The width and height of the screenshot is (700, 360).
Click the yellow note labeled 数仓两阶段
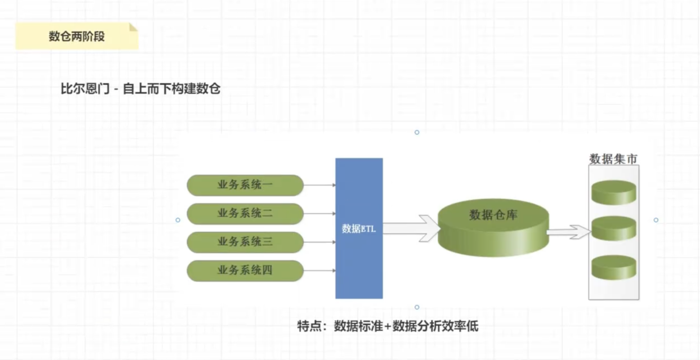77,36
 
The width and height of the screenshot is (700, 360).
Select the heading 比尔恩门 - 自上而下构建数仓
140,89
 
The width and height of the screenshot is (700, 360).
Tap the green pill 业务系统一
245,185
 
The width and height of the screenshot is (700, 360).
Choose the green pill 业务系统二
245,214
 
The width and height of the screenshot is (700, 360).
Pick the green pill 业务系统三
245,242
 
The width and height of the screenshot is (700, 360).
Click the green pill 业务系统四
245,271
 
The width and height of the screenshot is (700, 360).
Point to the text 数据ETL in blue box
359,229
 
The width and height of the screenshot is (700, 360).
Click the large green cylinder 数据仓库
493,228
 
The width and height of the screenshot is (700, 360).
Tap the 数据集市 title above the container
613,159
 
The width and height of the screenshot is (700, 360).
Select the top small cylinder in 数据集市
614,192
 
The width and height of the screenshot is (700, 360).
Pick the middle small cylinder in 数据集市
614,228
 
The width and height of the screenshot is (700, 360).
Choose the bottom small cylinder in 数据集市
614,267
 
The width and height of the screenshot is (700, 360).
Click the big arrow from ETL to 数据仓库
412,228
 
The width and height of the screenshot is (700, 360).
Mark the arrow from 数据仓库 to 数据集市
569,232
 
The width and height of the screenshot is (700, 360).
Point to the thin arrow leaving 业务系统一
320,185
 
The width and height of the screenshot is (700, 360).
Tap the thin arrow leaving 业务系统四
320,271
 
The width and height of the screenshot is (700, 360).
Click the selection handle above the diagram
417,132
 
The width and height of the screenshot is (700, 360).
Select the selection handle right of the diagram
656,220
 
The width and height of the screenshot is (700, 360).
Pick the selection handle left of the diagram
178,220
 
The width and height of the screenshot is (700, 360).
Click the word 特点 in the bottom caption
309,326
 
